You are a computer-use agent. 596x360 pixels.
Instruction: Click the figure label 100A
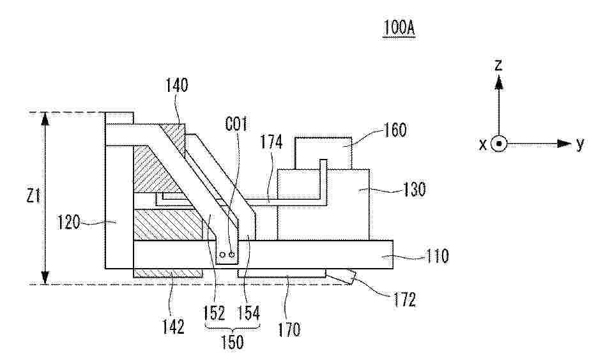point(399,28)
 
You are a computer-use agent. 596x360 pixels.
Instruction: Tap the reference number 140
point(176,86)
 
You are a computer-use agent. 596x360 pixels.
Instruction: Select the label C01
point(236,124)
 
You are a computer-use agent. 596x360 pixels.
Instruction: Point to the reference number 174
point(271,142)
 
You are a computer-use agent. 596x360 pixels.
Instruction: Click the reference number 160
point(395,130)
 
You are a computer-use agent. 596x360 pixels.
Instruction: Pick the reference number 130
point(414,189)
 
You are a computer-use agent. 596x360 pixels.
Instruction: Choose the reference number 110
point(437,257)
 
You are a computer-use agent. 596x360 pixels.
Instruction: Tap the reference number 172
point(404,300)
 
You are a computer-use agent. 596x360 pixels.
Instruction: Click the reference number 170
point(289,329)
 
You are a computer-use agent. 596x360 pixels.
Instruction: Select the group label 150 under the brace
point(232,341)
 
